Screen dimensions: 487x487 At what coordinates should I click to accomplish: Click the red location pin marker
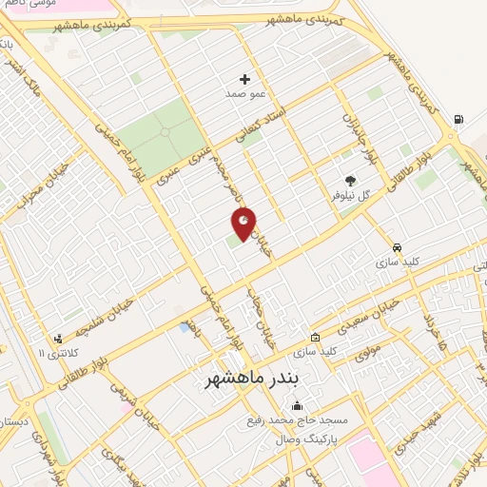[244, 223]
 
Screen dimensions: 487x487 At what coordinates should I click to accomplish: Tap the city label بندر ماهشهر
[252, 379]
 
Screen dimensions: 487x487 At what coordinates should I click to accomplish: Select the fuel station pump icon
[459, 120]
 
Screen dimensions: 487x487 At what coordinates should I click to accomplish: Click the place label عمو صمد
[243, 95]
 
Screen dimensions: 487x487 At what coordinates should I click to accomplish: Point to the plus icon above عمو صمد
[244, 79]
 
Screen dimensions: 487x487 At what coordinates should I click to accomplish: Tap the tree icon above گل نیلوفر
[351, 180]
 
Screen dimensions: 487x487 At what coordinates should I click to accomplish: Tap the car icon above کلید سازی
[384, 245]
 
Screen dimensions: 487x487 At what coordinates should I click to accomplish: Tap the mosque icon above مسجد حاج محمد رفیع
[296, 405]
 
